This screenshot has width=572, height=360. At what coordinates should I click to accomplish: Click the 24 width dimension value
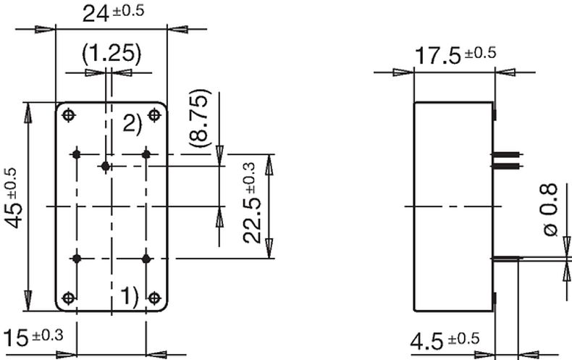[96, 14]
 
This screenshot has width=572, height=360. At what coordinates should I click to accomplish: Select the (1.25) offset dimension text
[112, 54]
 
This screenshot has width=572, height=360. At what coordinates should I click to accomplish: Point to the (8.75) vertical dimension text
[201, 118]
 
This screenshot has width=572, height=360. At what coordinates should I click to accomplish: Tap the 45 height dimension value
[13, 214]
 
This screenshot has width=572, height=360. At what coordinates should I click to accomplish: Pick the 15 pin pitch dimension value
[16, 338]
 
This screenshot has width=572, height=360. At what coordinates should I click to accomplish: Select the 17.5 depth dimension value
[438, 56]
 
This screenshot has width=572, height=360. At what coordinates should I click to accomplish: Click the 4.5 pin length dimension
[426, 342]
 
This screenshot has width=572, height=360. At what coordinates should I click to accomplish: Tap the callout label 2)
[132, 122]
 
